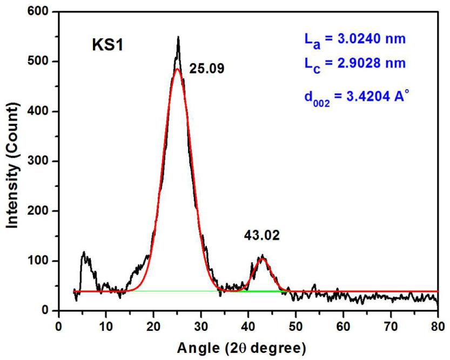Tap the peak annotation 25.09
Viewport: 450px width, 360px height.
pos(207,69)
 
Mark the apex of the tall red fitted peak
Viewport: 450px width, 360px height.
pos(177,69)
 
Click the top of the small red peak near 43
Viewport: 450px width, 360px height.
pos(263,258)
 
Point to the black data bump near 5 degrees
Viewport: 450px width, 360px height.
pos(84,252)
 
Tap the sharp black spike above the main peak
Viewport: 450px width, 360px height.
pos(178,38)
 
